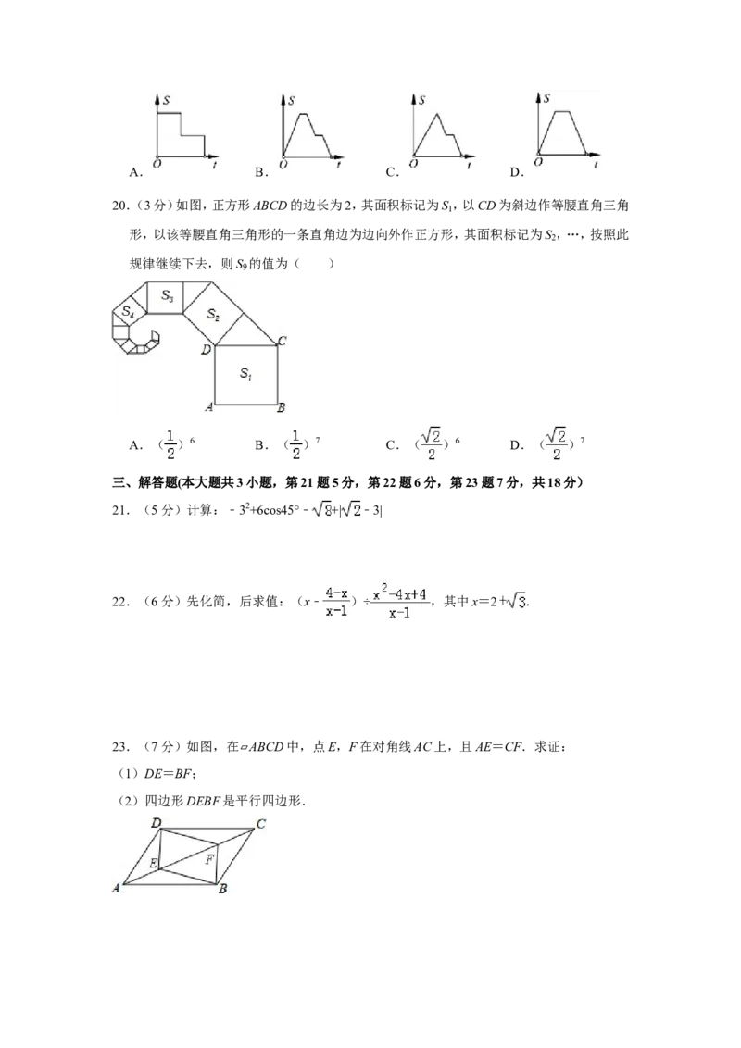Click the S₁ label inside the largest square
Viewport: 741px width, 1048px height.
245,373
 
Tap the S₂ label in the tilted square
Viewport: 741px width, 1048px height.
212,315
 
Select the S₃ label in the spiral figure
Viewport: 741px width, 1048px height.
167,295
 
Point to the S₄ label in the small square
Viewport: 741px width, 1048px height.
128,311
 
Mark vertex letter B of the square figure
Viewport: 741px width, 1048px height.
282,407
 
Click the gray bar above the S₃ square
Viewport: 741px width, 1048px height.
181,277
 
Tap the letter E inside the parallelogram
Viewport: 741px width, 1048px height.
153,864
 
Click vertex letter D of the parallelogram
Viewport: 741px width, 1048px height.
157,822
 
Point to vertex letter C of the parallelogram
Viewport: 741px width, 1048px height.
261,823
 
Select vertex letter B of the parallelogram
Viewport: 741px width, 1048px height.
223,889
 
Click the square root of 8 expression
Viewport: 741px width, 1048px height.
321,508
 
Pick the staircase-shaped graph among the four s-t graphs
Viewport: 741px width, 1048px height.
185,130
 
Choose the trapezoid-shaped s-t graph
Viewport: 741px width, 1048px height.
566,130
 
